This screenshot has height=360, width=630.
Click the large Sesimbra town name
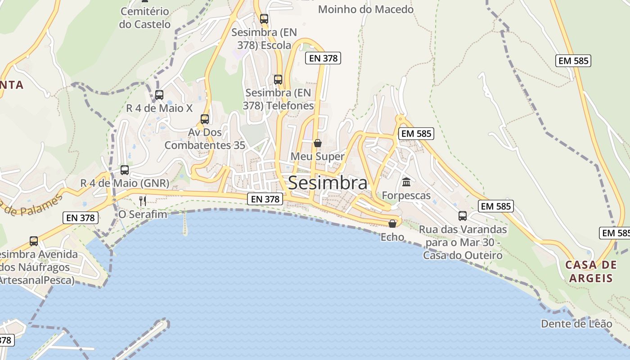327,183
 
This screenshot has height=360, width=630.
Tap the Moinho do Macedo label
365,9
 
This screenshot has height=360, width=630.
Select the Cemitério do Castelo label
145,18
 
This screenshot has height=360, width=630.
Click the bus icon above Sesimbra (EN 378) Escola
264,19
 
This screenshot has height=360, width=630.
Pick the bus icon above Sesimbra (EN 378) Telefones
278,80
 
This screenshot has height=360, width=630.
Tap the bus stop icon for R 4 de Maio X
159,95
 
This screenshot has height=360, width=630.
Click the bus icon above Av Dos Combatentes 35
205,119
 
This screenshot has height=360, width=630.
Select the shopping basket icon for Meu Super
318,143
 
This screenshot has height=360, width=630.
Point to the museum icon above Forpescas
406,182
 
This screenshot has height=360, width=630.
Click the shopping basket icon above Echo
392,224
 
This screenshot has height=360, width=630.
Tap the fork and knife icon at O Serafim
143,201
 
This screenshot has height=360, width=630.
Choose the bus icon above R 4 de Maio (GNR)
125,170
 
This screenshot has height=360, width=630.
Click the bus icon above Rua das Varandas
463,216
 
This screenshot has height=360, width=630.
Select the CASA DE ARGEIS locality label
591,271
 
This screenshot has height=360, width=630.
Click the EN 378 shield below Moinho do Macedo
323,58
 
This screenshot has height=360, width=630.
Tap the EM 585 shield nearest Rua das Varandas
496,206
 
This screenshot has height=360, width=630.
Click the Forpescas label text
406,196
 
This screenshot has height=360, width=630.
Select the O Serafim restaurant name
143,214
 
